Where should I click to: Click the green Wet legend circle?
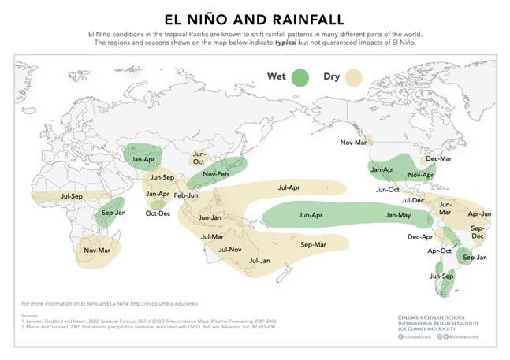(300, 78)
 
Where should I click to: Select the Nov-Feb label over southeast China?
(215, 174)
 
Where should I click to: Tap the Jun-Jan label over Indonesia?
(210, 217)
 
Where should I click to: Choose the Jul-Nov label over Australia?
(229, 250)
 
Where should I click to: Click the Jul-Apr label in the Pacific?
(289, 187)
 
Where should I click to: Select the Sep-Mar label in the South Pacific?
(313, 245)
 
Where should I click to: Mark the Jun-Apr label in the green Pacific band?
(311, 214)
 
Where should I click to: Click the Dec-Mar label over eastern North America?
(439, 158)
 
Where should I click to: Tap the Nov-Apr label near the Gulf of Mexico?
(422, 175)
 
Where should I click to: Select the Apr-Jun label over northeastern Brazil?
(479, 213)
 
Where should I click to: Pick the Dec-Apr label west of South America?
(420, 236)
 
